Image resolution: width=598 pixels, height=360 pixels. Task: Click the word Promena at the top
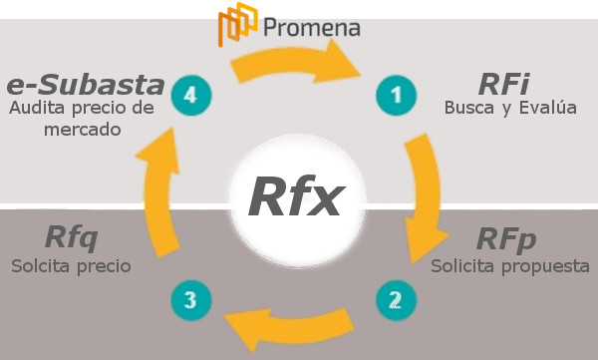pos(313,24)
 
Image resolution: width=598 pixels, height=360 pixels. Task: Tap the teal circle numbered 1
pos(395,96)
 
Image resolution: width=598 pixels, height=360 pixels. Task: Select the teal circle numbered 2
pos(395,297)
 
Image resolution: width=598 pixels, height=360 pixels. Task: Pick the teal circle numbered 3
pos(191,297)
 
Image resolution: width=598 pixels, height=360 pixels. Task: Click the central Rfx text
pos(295,196)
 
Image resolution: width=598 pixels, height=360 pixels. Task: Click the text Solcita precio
pos(71,266)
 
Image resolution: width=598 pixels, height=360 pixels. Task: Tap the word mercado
pos(82,130)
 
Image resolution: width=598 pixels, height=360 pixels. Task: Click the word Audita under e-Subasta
pos(36,108)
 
